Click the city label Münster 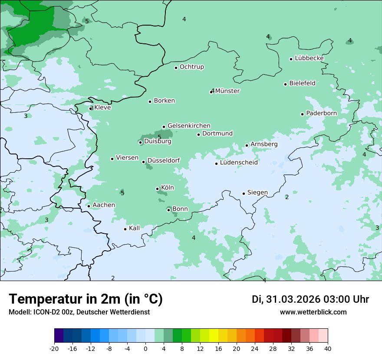pos(227,91)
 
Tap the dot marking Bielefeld pos(286,84)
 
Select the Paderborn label pos(321,113)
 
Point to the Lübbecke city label pos(309,58)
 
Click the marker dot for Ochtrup pos(176,68)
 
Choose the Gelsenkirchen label pos(189,126)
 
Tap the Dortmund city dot pos(199,134)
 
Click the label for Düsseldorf pos(163,161)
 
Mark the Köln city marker pos(158,189)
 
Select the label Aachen pos(104,205)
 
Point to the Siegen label pos(257,193)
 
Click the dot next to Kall pos(125,229)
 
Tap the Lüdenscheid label pos(239,163)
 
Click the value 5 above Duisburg pos(159,137)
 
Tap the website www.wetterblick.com pos(313,312)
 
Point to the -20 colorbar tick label pos(54,349)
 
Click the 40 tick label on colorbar pos(328,349)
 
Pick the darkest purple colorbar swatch pos(59,336)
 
